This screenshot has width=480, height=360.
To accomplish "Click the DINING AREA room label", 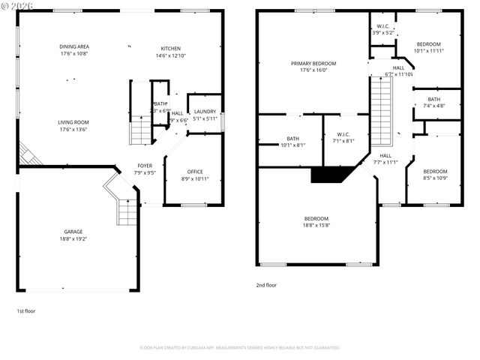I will (x=75, y=47).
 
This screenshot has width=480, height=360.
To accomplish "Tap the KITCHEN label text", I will (x=170, y=48).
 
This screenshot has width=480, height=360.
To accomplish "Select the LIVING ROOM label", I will (x=73, y=121).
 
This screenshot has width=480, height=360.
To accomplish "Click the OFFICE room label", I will (x=195, y=172).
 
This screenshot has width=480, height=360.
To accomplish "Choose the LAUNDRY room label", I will (x=205, y=112).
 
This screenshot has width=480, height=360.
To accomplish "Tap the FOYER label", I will (x=145, y=166).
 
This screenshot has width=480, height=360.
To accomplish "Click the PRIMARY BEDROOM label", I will (x=313, y=64).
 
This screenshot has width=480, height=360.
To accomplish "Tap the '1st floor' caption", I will (x=26, y=310).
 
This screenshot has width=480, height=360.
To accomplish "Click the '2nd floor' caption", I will (x=266, y=285).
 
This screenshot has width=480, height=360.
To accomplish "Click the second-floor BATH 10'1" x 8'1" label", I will (x=292, y=142).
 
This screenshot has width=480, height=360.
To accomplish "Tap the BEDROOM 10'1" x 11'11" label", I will (x=428, y=47).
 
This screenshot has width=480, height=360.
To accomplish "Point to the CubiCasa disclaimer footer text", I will (x=240, y=347).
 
